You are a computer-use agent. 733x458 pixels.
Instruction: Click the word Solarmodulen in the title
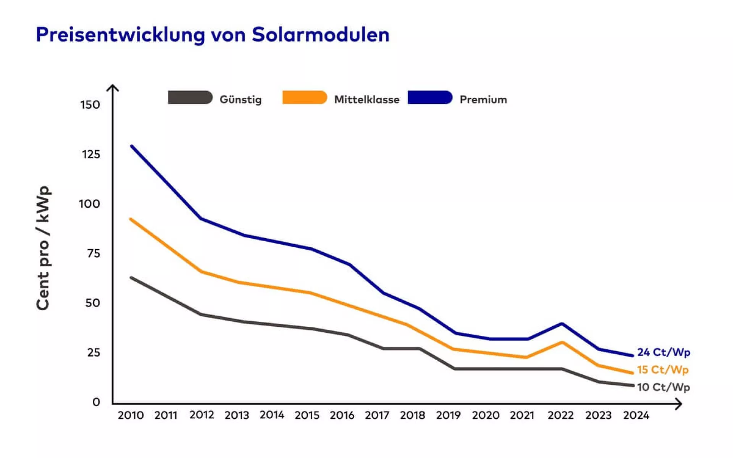click(x=320, y=35)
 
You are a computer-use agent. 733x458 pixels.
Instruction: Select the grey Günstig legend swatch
click(x=190, y=97)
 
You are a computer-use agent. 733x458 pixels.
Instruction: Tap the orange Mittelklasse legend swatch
click(x=304, y=97)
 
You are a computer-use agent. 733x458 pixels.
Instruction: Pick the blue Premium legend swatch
click(x=430, y=97)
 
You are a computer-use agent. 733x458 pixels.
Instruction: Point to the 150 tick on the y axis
click(x=90, y=105)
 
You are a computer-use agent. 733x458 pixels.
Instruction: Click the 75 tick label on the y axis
click(x=93, y=253)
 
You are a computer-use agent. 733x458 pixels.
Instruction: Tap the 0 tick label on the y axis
click(x=96, y=402)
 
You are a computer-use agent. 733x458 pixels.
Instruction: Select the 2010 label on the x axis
click(x=131, y=415)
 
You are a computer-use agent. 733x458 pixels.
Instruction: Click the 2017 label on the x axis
click(x=377, y=415)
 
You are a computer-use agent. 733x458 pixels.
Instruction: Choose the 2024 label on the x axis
click(x=636, y=415)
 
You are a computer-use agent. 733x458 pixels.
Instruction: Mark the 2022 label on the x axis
click(x=560, y=415)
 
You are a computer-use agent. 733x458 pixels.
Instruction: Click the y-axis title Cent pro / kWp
click(x=43, y=248)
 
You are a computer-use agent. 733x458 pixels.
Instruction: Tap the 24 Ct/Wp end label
click(x=664, y=352)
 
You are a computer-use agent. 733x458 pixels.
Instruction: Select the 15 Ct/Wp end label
click(x=663, y=370)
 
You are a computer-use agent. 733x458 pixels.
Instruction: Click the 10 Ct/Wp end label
click(x=664, y=387)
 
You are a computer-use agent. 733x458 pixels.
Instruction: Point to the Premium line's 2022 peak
click(x=562, y=324)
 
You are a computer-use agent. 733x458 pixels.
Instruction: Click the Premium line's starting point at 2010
click(x=132, y=146)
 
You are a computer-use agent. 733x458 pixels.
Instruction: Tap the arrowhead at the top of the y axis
click(x=113, y=87)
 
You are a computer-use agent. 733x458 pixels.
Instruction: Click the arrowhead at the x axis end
click(x=678, y=404)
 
